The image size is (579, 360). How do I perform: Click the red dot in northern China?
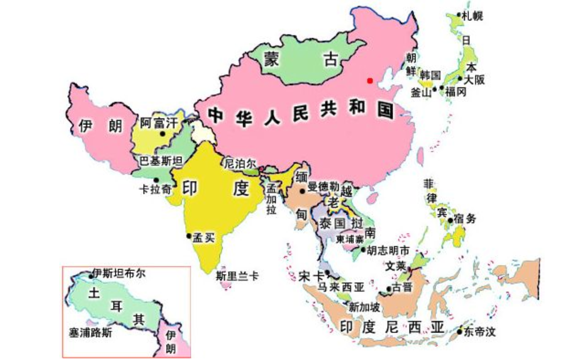[370, 80]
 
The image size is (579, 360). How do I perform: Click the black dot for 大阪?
[460, 78]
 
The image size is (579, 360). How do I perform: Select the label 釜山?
[421, 92]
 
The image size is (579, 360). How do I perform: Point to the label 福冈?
[456, 92]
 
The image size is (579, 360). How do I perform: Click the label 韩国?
[430, 75]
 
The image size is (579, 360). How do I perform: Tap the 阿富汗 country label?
[159, 122]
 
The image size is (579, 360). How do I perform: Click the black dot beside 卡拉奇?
[156, 180]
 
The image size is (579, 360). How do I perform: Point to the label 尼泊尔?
[240, 163]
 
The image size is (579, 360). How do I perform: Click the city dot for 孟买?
[189, 236]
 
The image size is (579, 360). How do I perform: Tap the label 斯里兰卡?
[237, 275]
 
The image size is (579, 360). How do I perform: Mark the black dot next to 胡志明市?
[363, 250]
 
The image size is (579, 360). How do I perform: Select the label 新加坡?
[364, 307]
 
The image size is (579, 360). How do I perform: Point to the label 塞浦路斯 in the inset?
[91, 333]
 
